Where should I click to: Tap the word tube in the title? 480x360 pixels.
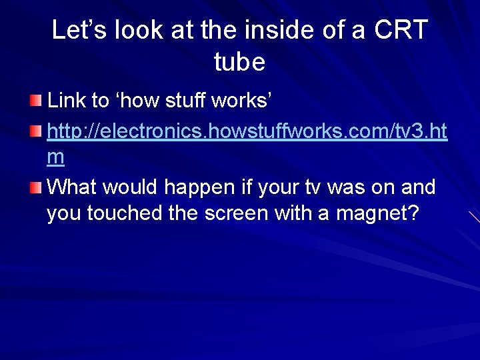click(240, 62)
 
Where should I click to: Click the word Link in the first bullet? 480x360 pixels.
click(67, 101)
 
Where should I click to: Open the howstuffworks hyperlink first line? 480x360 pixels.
click(247, 130)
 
